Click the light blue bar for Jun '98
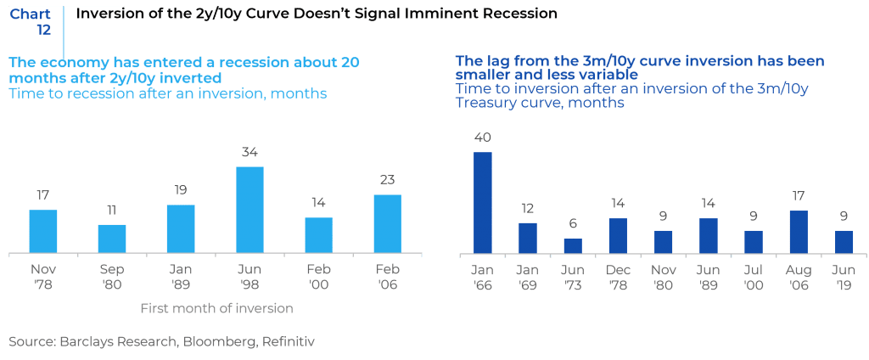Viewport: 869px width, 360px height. pos(249,209)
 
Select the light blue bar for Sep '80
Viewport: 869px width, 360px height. pos(112,239)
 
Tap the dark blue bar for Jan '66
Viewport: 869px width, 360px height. pos(482,202)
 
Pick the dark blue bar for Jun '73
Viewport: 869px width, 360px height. pos(573,245)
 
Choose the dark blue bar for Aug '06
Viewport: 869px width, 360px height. pos(798,232)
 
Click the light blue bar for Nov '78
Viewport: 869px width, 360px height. pos(43,231)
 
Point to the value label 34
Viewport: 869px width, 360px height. pos(249,153)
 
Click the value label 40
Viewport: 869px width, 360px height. pos(482,138)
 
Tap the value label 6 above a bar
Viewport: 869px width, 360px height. pos(573,224)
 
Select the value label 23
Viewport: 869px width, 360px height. pos(387,180)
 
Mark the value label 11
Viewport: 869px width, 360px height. pos(112,210)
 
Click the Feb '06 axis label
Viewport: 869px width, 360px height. pos(387,278)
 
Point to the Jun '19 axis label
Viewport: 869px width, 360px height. pos(844,278)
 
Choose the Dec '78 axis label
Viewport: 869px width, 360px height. pos(618,278)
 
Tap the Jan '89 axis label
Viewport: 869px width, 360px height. pos(180,278)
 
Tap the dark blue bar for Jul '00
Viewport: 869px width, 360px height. pos(753,242)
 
